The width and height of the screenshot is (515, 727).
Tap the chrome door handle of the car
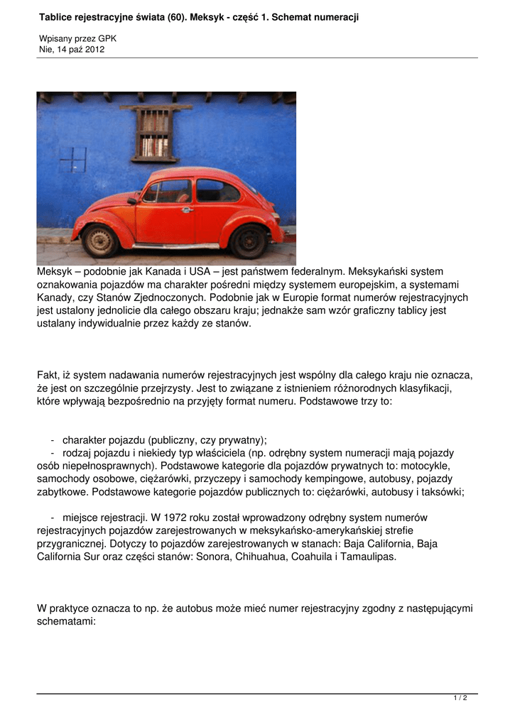coord(187,209)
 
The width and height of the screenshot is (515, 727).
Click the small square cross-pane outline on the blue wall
coord(73,160)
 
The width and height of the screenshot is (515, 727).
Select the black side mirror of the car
coord(132,201)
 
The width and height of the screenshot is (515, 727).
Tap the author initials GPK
coord(107,38)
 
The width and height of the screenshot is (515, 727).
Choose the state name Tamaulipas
coord(367,557)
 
